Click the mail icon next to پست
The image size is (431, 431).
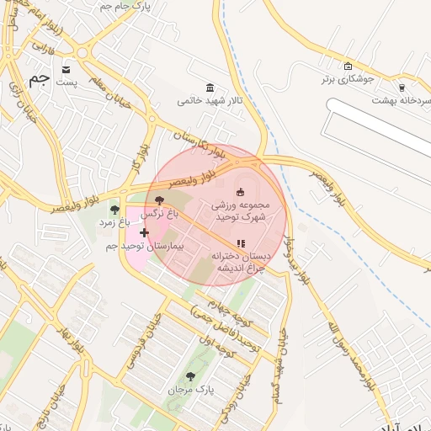67,70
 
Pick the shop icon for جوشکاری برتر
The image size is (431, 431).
349,67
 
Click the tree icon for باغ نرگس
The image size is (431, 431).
160,200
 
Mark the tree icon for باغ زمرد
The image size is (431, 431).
114,210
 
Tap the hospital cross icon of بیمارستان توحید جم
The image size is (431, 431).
144,232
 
